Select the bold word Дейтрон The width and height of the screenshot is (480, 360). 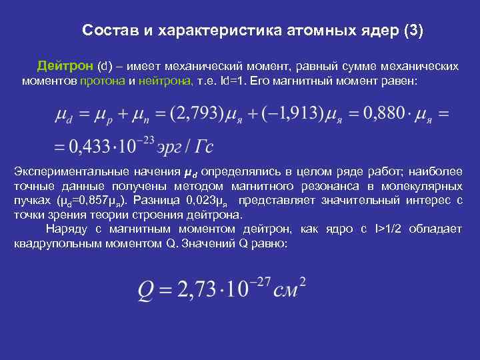[x=65, y=67]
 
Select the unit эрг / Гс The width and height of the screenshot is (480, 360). [x=183, y=145]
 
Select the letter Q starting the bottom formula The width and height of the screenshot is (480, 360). [x=147, y=290]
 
